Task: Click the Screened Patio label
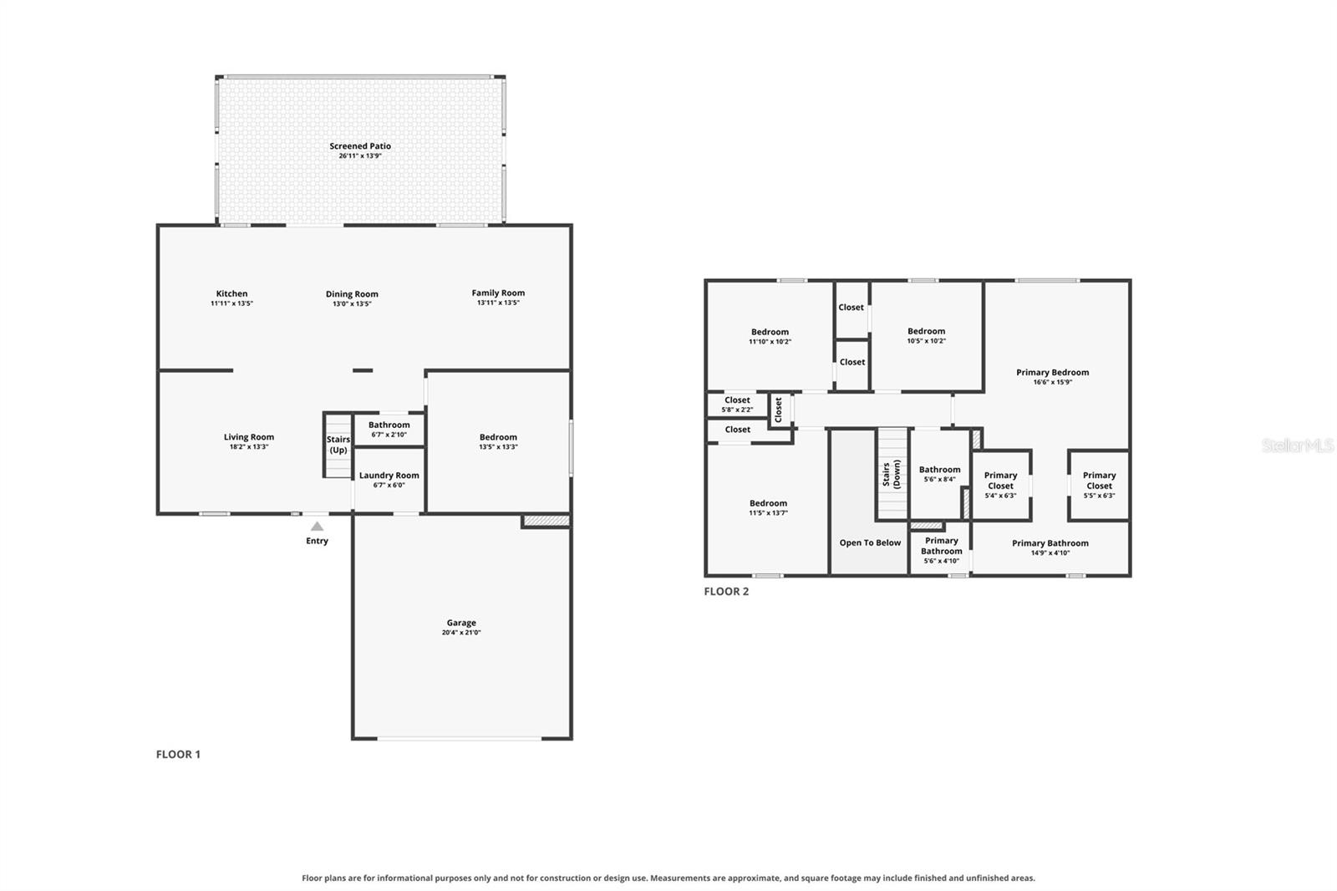360,145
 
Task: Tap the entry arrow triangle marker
317,526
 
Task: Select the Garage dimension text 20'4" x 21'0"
460,633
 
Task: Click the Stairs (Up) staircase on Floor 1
338,445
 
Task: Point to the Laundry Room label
389,476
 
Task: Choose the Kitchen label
231,293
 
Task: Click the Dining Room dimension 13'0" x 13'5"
352,303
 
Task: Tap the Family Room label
498,293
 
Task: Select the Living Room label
249,436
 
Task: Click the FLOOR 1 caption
178,754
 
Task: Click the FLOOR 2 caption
726,591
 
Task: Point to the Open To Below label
870,542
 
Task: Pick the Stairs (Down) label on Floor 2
891,474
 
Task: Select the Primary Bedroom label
1052,372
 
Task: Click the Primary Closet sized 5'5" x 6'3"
1099,484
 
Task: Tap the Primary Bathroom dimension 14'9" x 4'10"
1050,553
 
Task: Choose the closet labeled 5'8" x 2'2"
737,405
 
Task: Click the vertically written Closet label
778,410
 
